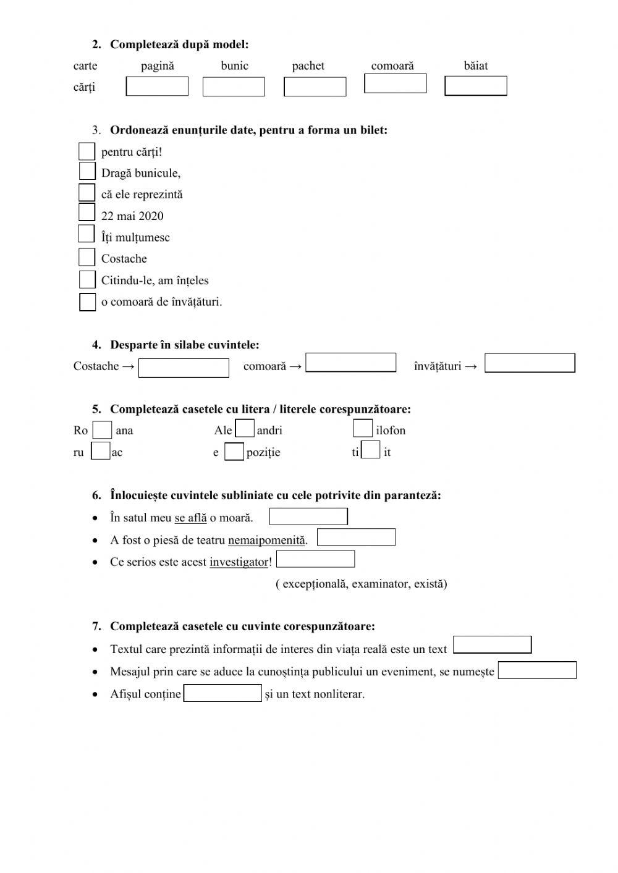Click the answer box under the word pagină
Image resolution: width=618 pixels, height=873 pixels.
click(x=157, y=86)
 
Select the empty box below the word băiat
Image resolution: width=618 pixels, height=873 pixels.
click(x=475, y=86)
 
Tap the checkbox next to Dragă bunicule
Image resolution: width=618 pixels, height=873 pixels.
click(x=87, y=171)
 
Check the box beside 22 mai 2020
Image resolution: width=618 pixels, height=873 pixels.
click(x=87, y=213)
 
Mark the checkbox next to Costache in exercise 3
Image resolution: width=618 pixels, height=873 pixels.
click(x=87, y=257)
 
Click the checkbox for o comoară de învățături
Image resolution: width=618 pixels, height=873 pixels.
click(x=88, y=302)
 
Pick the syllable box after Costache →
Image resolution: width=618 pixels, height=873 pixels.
click(x=184, y=368)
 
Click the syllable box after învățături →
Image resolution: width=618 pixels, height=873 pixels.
click(x=530, y=363)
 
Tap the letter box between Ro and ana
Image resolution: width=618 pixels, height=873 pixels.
click(x=102, y=430)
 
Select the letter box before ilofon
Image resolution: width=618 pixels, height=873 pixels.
click(x=363, y=428)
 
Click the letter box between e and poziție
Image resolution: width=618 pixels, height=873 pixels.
click(x=234, y=452)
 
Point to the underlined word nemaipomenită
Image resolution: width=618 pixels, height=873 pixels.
click(x=266, y=540)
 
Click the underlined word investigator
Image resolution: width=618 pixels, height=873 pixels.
click(x=239, y=562)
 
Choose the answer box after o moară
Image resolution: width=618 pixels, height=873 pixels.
click(x=308, y=517)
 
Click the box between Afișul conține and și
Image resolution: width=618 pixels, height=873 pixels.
click(x=223, y=693)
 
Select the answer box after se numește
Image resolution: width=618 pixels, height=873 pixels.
click(x=537, y=670)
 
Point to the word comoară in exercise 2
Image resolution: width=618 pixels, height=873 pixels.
click(x=392, y=65)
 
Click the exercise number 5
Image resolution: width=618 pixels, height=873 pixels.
click(x=96, y=409)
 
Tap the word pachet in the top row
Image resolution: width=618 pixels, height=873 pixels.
click(x=308, y=65)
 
